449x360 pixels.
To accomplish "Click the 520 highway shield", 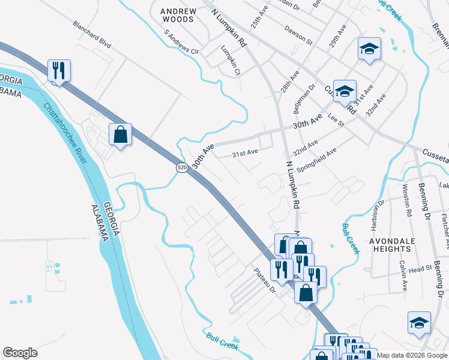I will (x=181, y=168).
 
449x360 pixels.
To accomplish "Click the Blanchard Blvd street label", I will (x=92, y=35).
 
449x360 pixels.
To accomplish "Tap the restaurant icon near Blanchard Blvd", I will (x=59, y=71).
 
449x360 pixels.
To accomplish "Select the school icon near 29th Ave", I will (x=370, y=49).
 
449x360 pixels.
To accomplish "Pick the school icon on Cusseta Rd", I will (x=345, y=91).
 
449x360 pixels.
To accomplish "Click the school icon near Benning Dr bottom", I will (x=419, y=323).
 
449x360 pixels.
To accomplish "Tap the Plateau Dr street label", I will (x=264, y=280).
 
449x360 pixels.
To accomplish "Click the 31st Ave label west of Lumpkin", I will (x=245, y=153).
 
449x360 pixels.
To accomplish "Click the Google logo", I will (x=20, y=353).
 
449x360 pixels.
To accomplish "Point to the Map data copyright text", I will (x=412, y=355).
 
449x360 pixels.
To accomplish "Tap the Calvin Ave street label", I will (x=401, y=275).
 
